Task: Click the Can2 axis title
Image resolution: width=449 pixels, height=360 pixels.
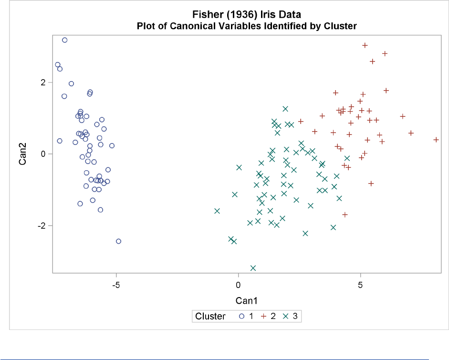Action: (22, 154)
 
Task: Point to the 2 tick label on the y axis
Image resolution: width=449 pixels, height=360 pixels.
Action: (43, 82)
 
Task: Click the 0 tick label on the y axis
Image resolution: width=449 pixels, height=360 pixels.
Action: (43, 154)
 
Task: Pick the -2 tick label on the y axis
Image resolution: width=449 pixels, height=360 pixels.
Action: (42, 226)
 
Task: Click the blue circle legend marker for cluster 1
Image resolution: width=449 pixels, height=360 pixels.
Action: (242, 316)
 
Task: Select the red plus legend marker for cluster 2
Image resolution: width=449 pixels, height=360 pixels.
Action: (263, 316)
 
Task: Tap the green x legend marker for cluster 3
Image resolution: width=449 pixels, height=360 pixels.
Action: (286, 316)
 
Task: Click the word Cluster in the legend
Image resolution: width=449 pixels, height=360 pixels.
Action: (210, 316)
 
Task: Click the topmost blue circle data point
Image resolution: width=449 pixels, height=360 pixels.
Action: (65, 40)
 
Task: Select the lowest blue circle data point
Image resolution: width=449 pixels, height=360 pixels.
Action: (118, 241)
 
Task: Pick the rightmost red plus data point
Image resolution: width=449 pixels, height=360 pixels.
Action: (436, 140)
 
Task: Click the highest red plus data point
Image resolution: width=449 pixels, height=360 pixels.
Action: (365, 45)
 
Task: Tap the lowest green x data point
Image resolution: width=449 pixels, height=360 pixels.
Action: (253, 268)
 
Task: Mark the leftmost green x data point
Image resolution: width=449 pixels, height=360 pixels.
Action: (217, 211)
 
